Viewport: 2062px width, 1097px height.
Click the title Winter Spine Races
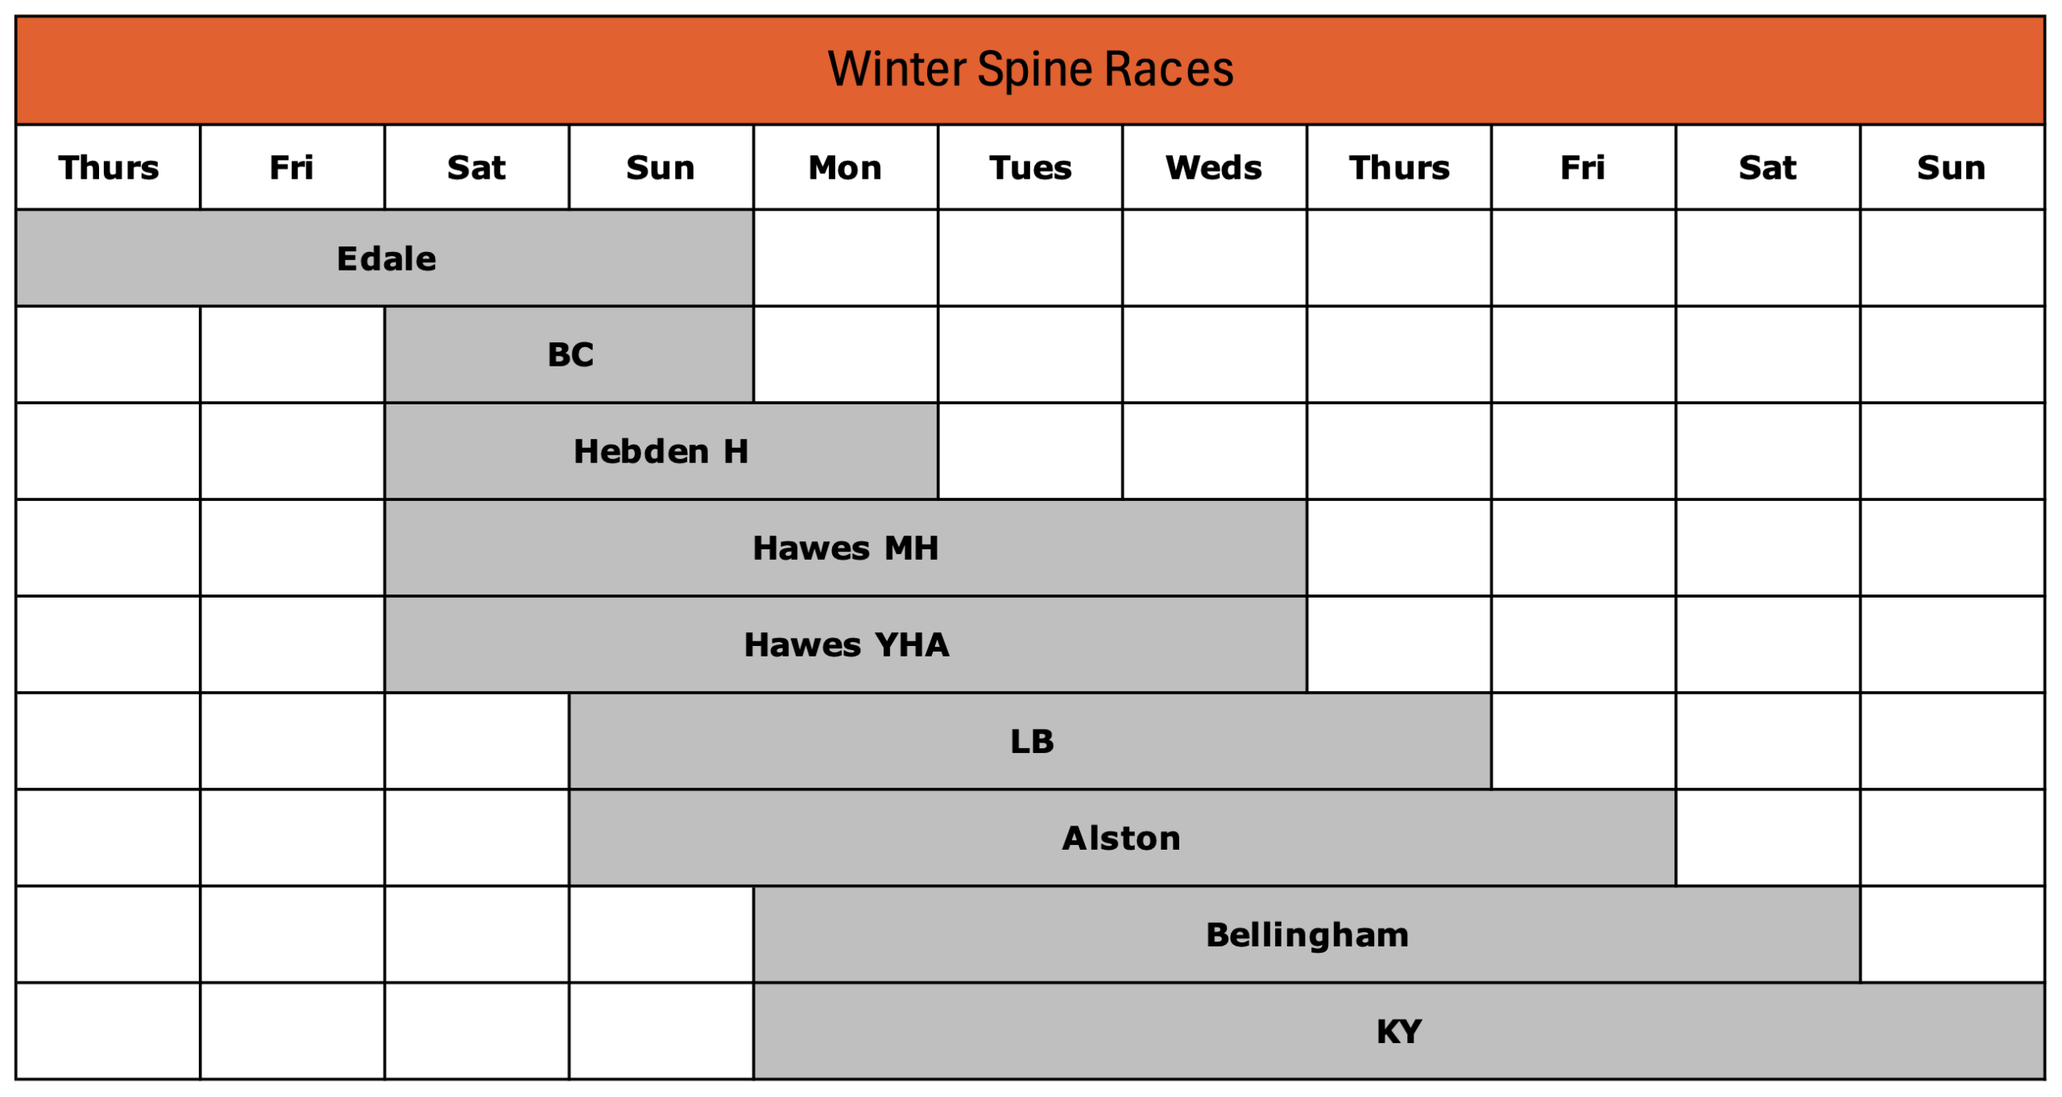[x=1030, y=69]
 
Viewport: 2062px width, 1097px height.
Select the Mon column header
[x=845, y=168]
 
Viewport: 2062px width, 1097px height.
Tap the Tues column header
[x=1030, y=168]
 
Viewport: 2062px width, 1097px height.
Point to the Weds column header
[x=1214, y=168]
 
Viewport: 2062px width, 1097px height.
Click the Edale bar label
[x=386, y=259]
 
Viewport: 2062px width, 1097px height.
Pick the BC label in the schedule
[x=570, y=354]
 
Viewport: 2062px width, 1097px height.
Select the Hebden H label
[x=661, y=451]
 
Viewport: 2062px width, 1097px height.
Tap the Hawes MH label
[x=846, y=548]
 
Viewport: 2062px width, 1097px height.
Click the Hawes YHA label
[x=847, y=644]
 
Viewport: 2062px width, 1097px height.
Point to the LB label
[x=1032, y=741]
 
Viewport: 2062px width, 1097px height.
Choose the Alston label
[x=1121, y=838]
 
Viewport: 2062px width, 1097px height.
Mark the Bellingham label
[x=1307, y=935]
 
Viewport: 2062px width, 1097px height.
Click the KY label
[x=1399, y=1031]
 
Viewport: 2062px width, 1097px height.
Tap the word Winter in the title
[x=896, y=69]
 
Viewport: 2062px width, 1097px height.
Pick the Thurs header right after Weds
[x=1399, y=168]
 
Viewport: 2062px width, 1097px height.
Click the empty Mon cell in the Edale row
[x=846, y=258]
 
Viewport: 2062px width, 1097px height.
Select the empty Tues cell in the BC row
[x=1030, y=354]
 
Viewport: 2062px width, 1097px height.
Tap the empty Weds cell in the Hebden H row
[x=1215, y=451]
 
